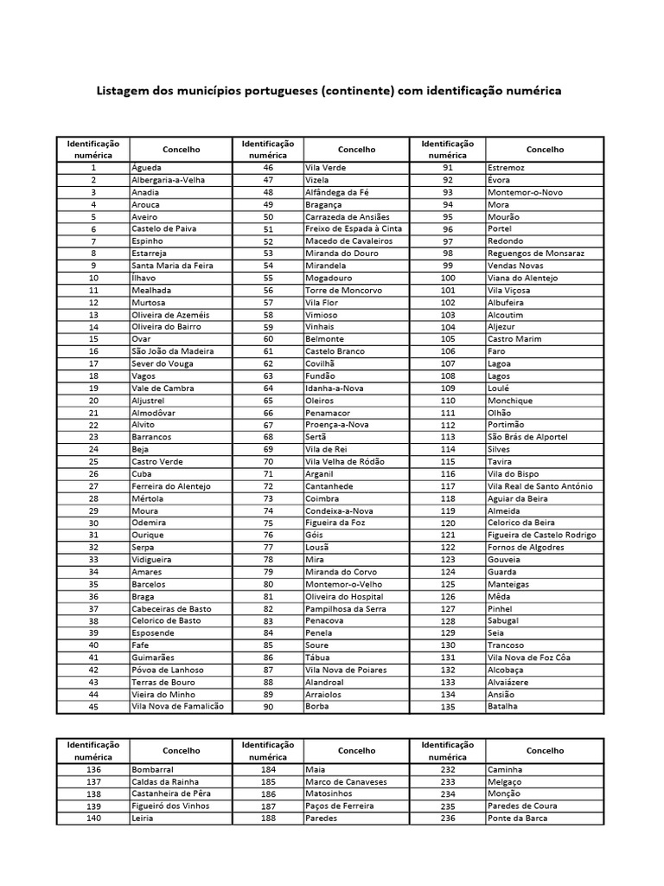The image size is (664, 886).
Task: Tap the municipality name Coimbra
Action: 322,498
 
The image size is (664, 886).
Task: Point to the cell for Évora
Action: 499,179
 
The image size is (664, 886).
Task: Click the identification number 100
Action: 448,278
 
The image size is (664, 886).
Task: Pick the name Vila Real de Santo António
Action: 540,486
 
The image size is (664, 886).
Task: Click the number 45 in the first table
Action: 93,707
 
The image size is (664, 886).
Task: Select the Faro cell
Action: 496,351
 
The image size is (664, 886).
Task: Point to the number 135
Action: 448,707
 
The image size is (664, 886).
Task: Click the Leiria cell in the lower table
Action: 143,818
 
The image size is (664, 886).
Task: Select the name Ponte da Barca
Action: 517,818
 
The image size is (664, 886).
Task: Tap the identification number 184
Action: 268,769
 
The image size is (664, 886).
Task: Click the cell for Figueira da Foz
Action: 336,523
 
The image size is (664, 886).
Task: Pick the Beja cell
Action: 139,449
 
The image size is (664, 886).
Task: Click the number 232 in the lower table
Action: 448,769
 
